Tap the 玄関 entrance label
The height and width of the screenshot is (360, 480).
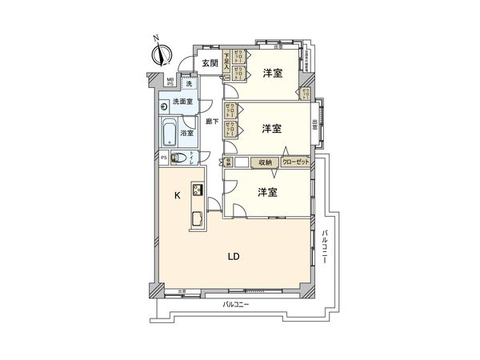tap(210, 63)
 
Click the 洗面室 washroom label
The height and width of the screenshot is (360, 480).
tap(182, 102)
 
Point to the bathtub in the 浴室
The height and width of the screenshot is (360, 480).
tap(170, 133)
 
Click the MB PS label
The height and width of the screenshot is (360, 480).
tap(170, 82)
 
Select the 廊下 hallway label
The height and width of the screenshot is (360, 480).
tap(211, 122)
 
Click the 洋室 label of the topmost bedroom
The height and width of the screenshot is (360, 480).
tap(272, 74)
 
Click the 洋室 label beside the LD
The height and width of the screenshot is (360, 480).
tap(267, 193)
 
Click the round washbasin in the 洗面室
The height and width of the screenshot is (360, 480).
tap(162, 111)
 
